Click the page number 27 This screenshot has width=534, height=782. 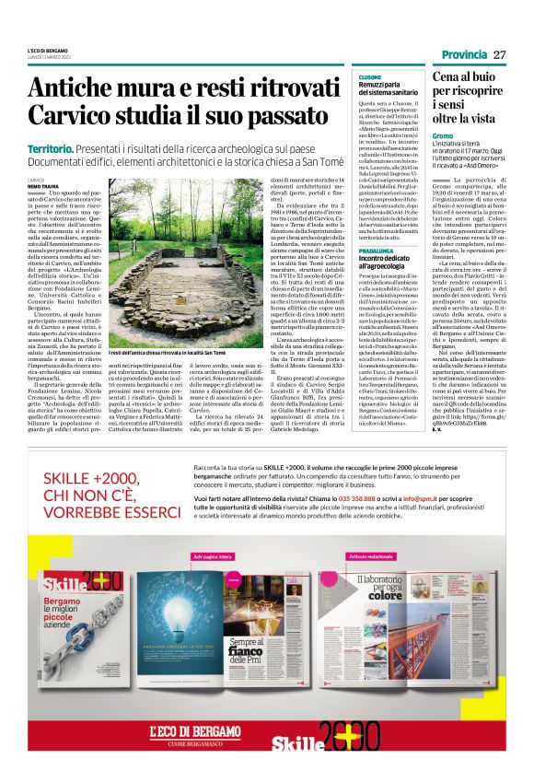499,53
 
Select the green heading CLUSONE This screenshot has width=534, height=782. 370,76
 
